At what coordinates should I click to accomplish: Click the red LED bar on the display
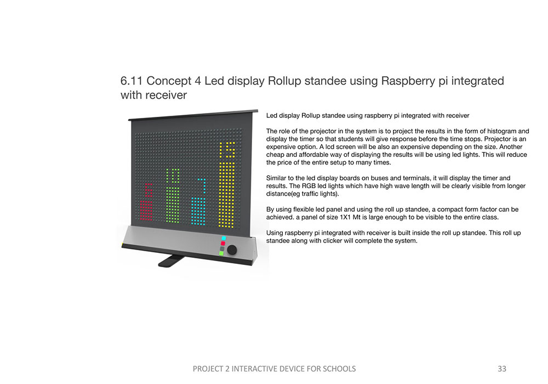click(146, 211)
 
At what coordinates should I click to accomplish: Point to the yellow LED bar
click(226, 192)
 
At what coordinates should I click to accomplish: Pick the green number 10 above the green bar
click(173, 176)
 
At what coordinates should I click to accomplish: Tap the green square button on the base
click(221, 253)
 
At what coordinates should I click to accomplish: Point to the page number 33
click(502, 369)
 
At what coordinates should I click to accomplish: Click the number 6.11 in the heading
click(131, 81)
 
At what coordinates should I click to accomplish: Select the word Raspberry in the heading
click(406, 81)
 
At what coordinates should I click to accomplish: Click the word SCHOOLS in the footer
click(337, 369)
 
